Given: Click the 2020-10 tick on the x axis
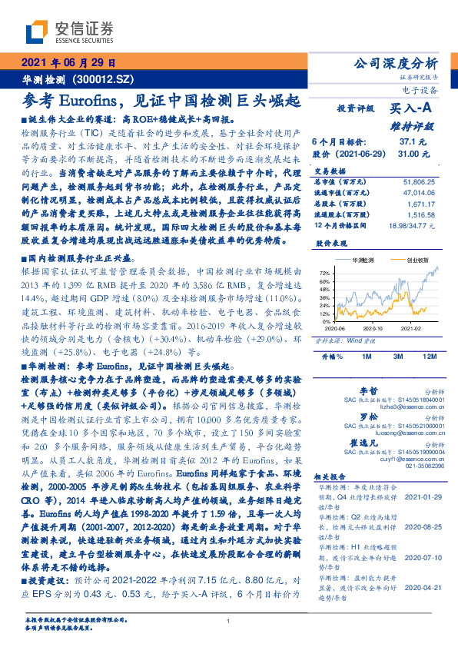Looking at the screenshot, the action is [x=373, y=328].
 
